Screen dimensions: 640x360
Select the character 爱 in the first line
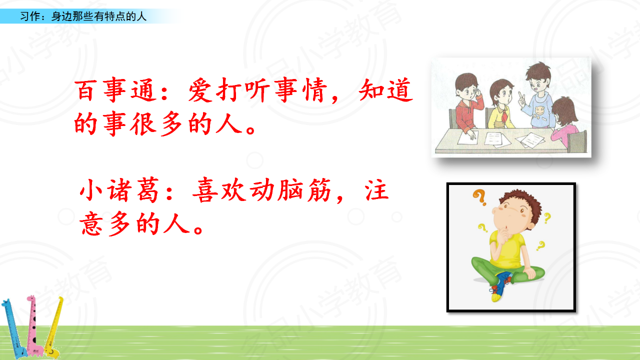[x=200, y=90]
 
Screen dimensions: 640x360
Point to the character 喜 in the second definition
[x=205, y=190]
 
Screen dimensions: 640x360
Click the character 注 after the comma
[x=376, y=190]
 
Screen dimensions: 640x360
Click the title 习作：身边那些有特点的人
[x=83, y=16]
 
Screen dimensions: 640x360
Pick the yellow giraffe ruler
[x=53, y=327]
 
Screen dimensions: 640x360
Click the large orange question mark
[x=479, y=197]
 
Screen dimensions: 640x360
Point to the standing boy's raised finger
[x=521, y=96]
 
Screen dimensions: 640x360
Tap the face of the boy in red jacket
[x=468, y=92]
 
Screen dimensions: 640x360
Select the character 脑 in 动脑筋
[x=290, y=190]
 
